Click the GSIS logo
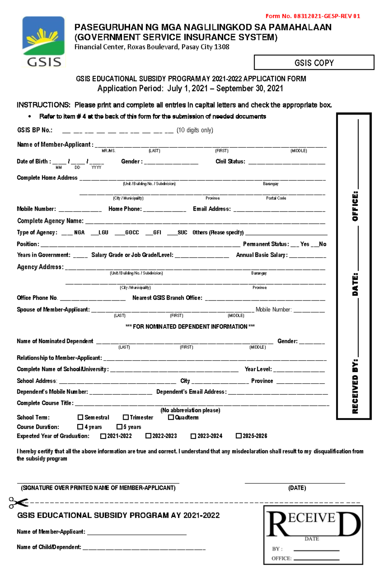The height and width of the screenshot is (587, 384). pyautogui.click(x=44, y=42)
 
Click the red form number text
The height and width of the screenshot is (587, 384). pyautogui.click(x=313, y=16)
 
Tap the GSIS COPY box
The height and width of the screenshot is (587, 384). pyautogui.click(x=314, y=63)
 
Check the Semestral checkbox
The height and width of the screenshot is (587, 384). pyautogui.click(x=80, y=417)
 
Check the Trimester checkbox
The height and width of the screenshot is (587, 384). pyautogui.click(x=126, y=417)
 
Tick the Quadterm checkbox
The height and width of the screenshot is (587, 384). pyautogui.click(x=171, y=417)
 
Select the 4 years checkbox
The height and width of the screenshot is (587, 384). pyautogui.click(x=80, y=427)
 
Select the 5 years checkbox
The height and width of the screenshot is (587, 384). pyautogui.click(x=119, y=427)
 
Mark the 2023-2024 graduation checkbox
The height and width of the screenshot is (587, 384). pyautogui.click(x=193, y=436)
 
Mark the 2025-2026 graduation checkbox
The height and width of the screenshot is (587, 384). pyautogui.click(x=238, y=436)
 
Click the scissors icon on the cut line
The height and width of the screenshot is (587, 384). pyautogui.click(x=18, y=503)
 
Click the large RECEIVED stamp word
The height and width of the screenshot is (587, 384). pyautogui.click(x=313, y=524)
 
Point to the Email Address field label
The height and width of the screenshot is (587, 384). pyautogui.click(x=212, y=209)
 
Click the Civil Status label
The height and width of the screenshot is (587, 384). pyautogui.click(x=230, y=162)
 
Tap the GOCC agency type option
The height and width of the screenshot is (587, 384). pyautogui.click(x=132, y=233)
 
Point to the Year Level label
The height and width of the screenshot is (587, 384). pyautogui.click(x=258, y=369)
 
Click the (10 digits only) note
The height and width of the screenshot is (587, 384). pyautogui.click(x=195, y=130)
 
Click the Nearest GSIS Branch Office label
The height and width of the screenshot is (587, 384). pyautogui.click(x=167, y=298)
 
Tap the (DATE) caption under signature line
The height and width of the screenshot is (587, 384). pyautogui.click(x=297, y=488)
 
